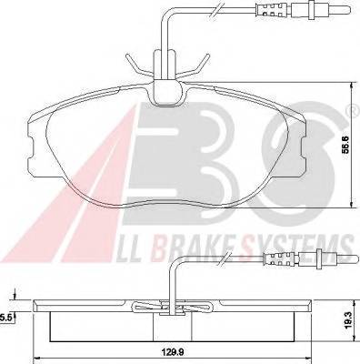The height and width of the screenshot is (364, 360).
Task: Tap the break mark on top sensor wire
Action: pos(215,12)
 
